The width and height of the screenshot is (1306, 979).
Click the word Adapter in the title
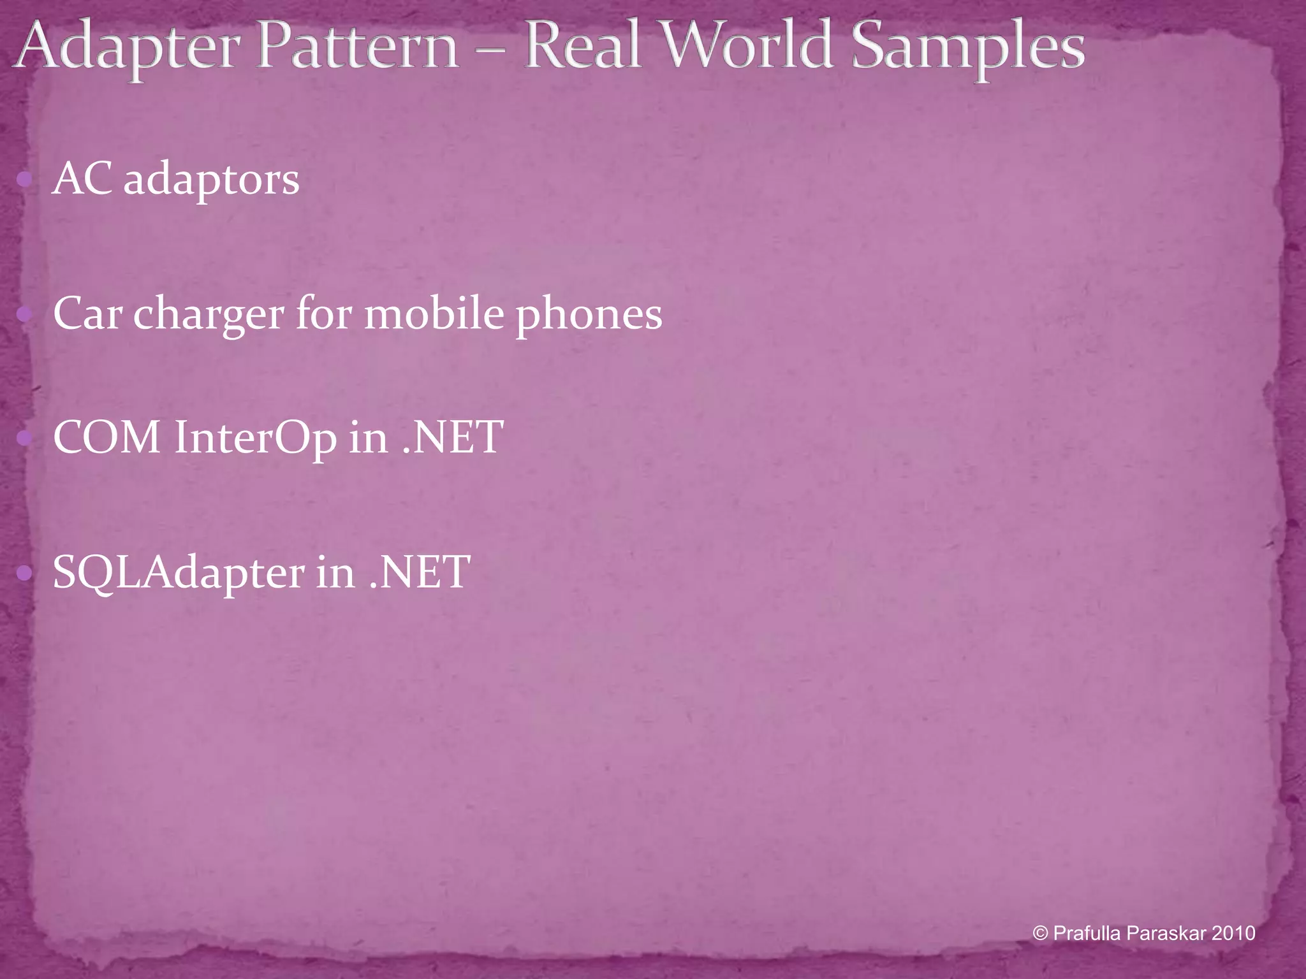[131, 48]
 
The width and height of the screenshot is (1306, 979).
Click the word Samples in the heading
[968, 48]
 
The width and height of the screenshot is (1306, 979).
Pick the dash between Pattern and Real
[491, 51]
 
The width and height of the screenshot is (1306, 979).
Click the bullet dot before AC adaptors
[24, 180]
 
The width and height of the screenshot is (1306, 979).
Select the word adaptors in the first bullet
[211, 180]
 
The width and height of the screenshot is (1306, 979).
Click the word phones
[589, 315]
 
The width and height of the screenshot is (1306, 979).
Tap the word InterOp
[255, 439]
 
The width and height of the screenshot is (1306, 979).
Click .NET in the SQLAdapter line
[420, 572]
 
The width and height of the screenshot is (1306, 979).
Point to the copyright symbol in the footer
[1040, 934]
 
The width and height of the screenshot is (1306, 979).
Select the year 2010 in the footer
[1233, 934]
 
